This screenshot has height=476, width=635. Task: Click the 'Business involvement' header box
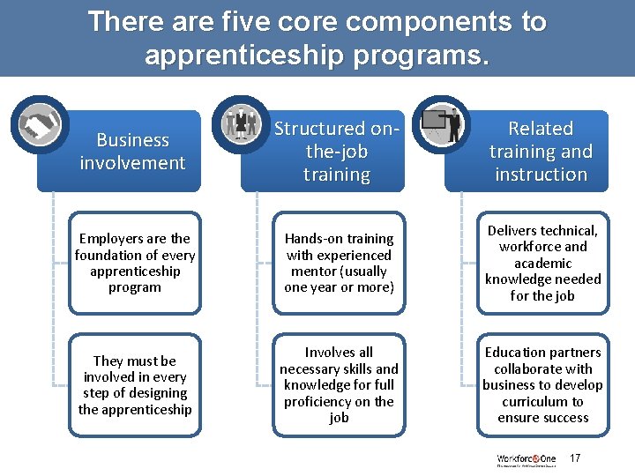click(133, 152)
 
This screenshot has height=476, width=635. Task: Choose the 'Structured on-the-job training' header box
click(336, 152)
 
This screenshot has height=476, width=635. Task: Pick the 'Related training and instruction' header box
click(540, 152)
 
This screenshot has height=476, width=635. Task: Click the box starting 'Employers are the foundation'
click(135, 263)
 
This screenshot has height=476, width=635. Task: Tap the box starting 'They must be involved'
click(135, 384)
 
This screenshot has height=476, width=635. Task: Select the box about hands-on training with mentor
click(339, 263)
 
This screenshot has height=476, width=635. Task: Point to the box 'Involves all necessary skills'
click(339, 384)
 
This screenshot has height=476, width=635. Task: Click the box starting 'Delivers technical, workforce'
click(542, 263)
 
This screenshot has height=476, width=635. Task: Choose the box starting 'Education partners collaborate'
click(542, 384)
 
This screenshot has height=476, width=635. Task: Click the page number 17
click(575, 458)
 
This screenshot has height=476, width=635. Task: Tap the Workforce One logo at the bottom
click(526, 460)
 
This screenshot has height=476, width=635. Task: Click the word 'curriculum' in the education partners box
click(542, 401)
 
